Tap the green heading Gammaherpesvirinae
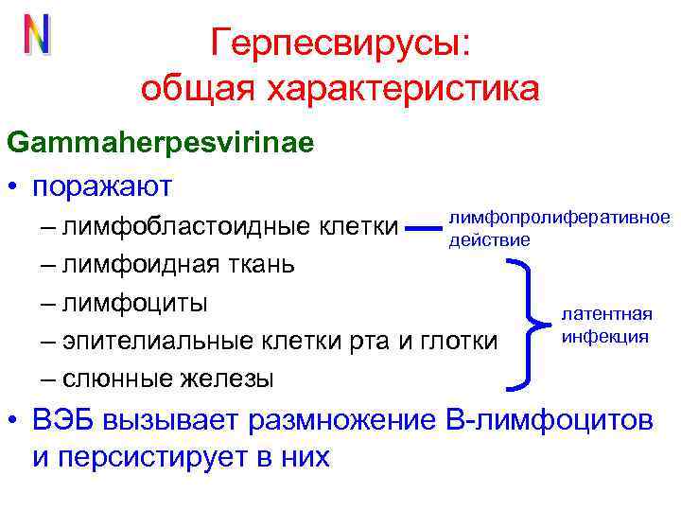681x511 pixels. coord(161,143)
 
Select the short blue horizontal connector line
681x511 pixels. coord(424,227)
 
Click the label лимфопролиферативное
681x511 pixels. coord(559,219)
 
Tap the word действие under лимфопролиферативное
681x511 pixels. coord(489,239)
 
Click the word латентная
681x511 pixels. coord(607,315)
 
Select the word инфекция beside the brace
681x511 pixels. coord(605,336)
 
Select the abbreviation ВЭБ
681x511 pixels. coord(64,420)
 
